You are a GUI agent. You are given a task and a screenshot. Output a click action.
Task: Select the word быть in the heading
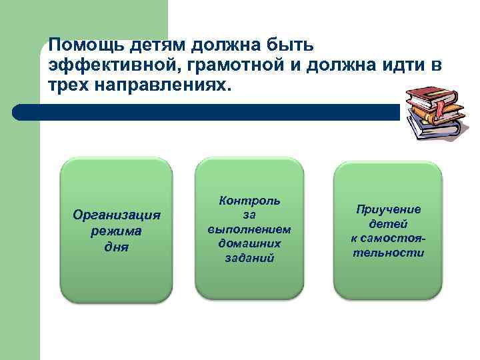point(298,45)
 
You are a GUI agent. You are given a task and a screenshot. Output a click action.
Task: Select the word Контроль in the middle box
point(249,200)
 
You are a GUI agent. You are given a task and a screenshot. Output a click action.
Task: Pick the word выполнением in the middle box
point(249,229)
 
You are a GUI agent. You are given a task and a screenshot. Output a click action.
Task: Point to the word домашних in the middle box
point(249,243)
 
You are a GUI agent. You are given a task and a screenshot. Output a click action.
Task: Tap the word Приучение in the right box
point(388,209)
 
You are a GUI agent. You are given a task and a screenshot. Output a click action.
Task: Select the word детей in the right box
point(388,224)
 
